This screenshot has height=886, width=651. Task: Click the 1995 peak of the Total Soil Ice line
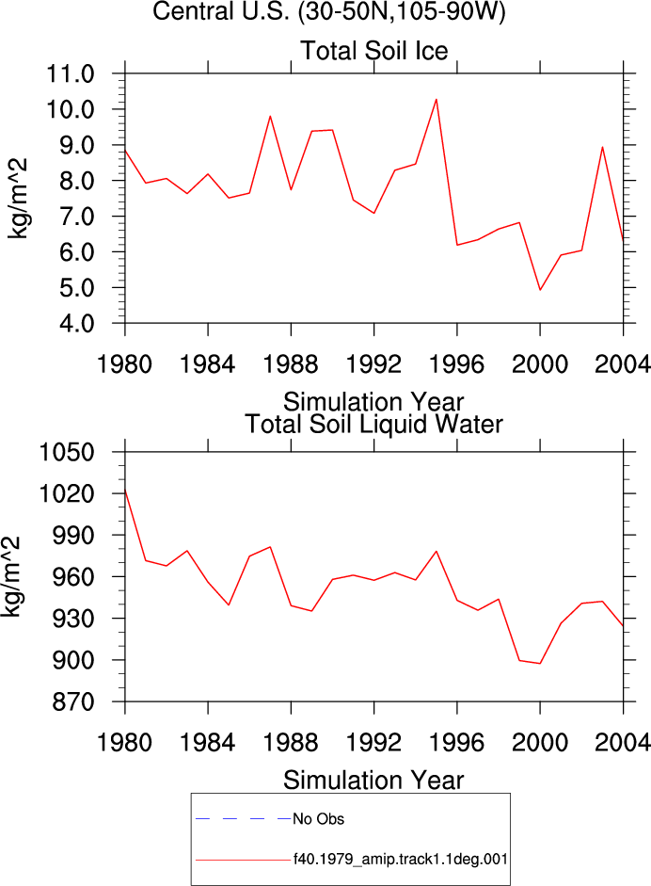436,100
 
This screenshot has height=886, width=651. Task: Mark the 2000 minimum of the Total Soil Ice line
540,290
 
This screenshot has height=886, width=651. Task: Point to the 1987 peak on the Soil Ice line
270,117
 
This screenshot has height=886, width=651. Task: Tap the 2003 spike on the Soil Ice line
602,147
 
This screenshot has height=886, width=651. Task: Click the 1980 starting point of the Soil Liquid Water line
125,490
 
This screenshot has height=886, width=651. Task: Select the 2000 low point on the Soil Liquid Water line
540,664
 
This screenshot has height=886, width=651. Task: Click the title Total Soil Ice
373,51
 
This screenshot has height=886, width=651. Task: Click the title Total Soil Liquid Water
373,425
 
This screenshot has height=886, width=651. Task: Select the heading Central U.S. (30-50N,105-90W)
328,11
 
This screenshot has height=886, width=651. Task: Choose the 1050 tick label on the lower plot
66,452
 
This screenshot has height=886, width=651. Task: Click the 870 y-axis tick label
72,701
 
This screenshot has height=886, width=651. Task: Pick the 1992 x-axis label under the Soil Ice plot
373,363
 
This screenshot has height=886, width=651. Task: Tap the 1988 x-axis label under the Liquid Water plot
291,742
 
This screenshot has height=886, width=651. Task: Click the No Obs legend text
318,819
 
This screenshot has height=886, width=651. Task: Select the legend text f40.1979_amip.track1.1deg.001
401,860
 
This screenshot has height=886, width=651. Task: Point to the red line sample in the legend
244,861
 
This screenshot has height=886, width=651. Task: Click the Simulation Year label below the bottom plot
373,781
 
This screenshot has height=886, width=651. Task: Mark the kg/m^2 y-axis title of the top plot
17,199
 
